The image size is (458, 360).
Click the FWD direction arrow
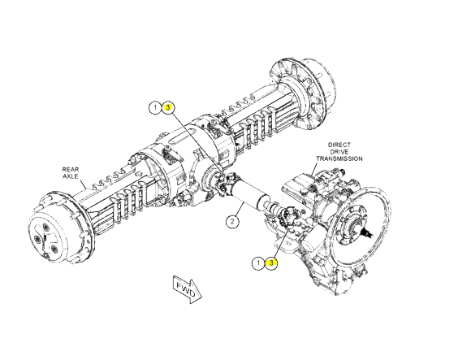[x=188, y=289]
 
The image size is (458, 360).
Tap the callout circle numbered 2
[x=232, y=221]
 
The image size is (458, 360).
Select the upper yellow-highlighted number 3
[x=167, y=107]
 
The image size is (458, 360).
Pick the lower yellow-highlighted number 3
[x=272, y=263]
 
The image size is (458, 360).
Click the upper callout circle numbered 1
[x=155, y=107]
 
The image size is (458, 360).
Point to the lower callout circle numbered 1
[x=258, y=263]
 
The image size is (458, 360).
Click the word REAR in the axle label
[x=71, y=170]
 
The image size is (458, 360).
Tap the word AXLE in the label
[x=71, y=176]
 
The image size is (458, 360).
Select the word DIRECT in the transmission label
[x=339, y=145]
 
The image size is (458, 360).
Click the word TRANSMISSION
[x=339, y=158]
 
